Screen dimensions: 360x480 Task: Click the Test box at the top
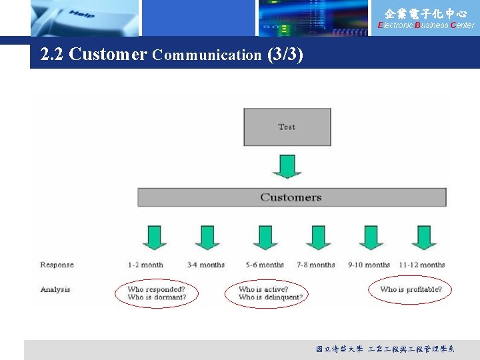coord(287,127)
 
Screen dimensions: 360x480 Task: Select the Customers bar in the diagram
coord(291,197)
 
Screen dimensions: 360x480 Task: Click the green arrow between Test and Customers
coord(287,166)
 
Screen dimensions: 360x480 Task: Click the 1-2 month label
coord(145,265)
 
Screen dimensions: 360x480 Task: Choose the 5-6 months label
coord(265,265)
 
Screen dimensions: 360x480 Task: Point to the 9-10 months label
coord(369,265)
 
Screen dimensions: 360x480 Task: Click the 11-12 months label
coord(421,265)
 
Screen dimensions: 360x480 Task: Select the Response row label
coord(57,265)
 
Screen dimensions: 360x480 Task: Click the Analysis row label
coord(55,289)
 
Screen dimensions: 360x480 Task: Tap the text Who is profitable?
coord(411,289)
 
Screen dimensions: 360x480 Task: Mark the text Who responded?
coord(156,289)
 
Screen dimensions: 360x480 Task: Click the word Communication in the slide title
coord(207,55)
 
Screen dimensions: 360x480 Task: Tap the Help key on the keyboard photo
coord(81,14)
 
